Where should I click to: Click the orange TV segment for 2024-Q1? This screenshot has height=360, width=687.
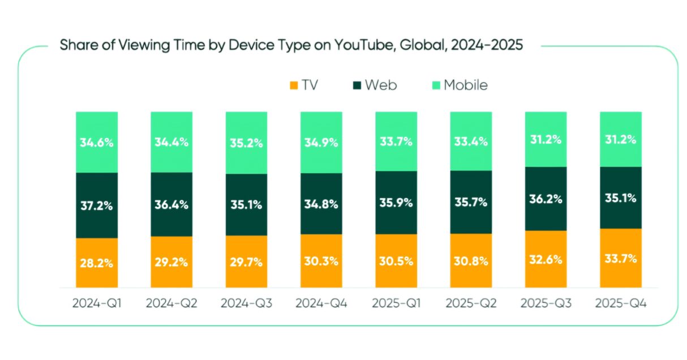tap(97, 263)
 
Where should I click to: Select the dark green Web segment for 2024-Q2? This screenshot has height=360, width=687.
tap(171, 204)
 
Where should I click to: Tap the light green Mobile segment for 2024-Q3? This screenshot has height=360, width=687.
tap(246, 143)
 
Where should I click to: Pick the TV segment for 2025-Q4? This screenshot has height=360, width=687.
tap(621, 258)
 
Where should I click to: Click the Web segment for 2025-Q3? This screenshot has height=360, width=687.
tap(546, 199)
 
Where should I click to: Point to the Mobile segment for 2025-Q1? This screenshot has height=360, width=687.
tap(396, 142)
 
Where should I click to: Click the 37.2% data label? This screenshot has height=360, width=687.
tap(97, 206)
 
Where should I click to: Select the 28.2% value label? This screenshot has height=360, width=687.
tap(97, 263)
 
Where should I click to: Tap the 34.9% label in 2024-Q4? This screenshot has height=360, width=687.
tap(321, 143)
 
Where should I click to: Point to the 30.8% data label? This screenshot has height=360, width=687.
tap(471, 261)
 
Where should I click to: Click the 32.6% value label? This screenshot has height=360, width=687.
tap(546, 260)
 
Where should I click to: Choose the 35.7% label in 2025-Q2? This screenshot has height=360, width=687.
tap(471, 202)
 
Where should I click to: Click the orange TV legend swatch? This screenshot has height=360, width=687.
tap(294, 85)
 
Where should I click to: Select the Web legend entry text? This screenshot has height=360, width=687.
tap(381, 85)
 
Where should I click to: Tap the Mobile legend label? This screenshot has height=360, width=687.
tap(466, 85)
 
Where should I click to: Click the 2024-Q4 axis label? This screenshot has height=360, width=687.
tap(321, 303)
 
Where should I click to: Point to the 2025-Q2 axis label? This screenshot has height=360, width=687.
tap(471, 303)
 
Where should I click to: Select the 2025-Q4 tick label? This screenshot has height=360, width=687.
tap(621, 303)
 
